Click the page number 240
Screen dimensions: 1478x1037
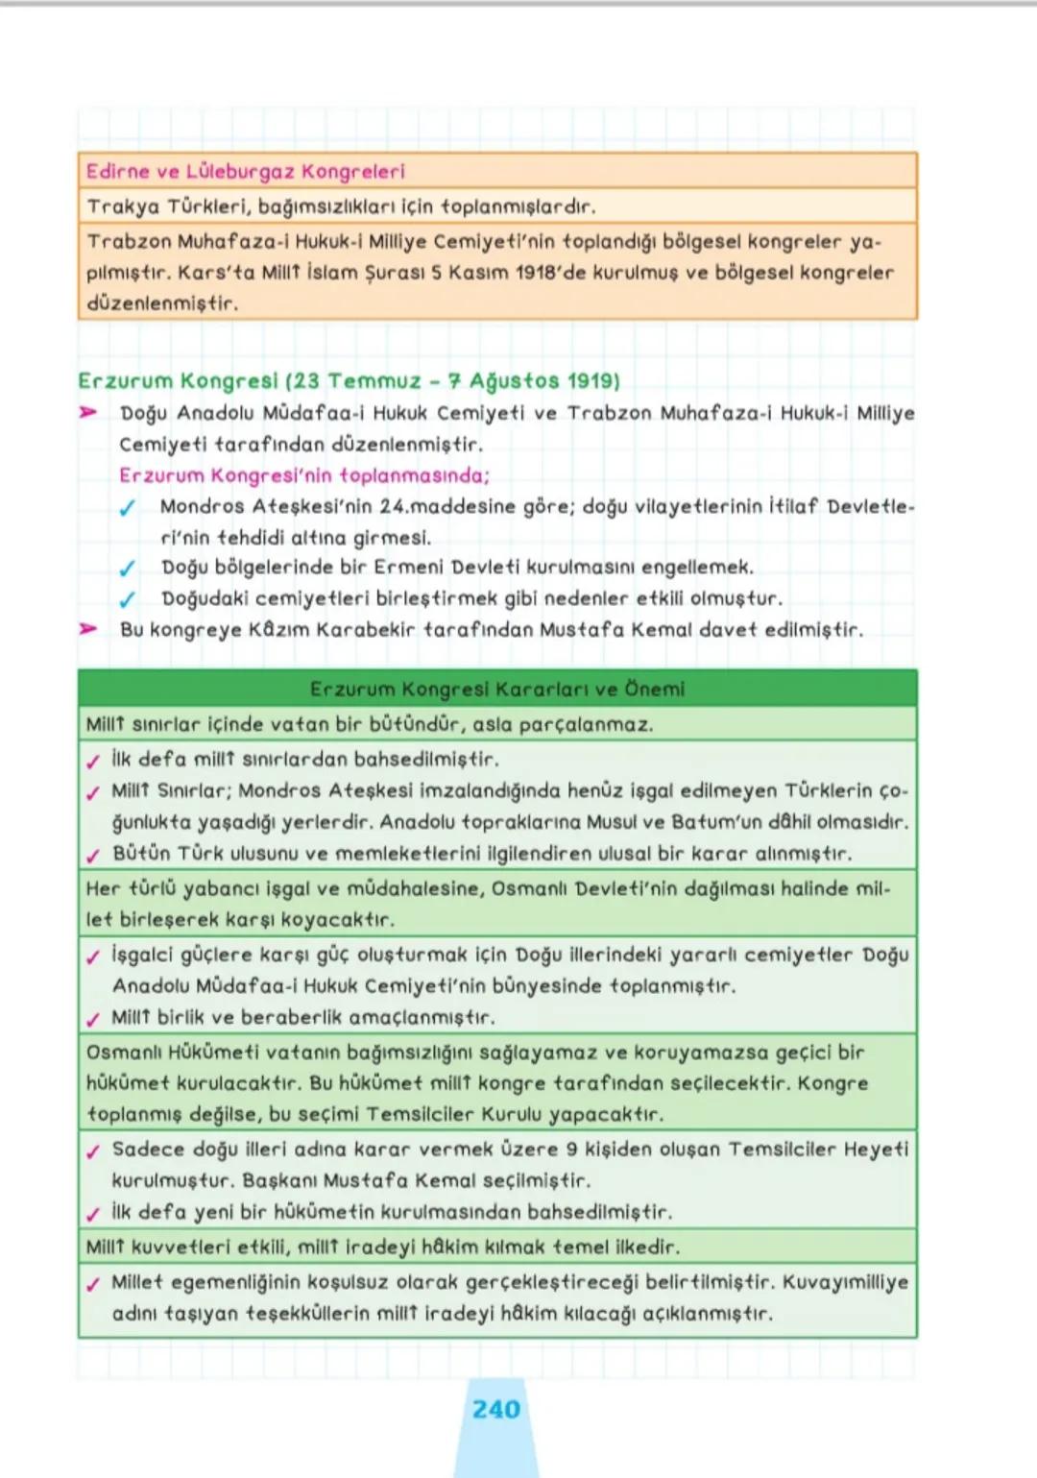[495, 1409]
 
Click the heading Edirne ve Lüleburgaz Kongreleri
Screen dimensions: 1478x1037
[245, 172]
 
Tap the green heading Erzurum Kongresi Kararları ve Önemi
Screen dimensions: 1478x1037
[496, 689]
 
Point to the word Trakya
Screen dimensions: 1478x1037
[123, 206]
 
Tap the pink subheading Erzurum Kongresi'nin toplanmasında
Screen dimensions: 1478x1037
[304, 475]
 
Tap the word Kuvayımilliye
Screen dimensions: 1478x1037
[845, 1282]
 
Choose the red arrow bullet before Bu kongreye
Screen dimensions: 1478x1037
[88, 629]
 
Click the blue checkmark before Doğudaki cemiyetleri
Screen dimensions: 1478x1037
[127, 599]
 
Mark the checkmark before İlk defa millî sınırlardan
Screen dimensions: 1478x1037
[93, 762]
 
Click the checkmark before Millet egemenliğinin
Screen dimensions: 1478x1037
[93, 1284]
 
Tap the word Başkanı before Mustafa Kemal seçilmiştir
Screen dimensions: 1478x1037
[279, 1180]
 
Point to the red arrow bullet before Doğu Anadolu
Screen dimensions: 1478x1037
[88, 412]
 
